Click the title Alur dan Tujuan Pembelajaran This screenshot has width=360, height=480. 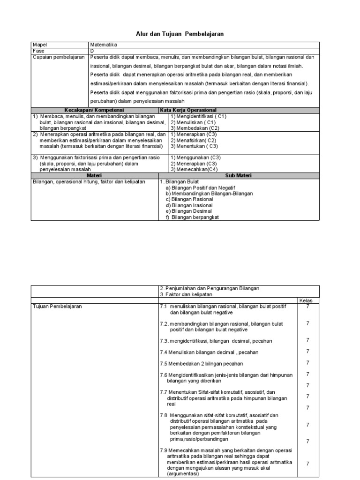click(180, 34)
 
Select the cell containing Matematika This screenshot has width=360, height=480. click(104, 45)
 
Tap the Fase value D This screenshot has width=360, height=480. click(92, 50)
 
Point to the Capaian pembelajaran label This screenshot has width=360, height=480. click(59, 57)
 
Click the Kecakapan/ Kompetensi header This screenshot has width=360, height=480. click(99, 110)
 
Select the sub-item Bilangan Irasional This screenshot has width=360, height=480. click(189, 205)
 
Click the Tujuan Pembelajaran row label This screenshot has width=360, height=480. click(57, 306)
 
